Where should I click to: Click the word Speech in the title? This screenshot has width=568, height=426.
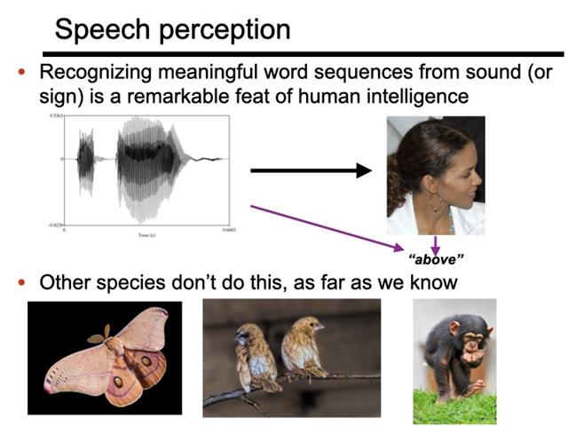pos(101,30)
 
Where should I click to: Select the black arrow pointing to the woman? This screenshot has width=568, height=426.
pos(311,170)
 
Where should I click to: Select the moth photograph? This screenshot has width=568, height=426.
pos(105,358)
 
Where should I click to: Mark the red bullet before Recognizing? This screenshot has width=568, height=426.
pos(23,73)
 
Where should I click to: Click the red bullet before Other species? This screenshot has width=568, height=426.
pos(23,284)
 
